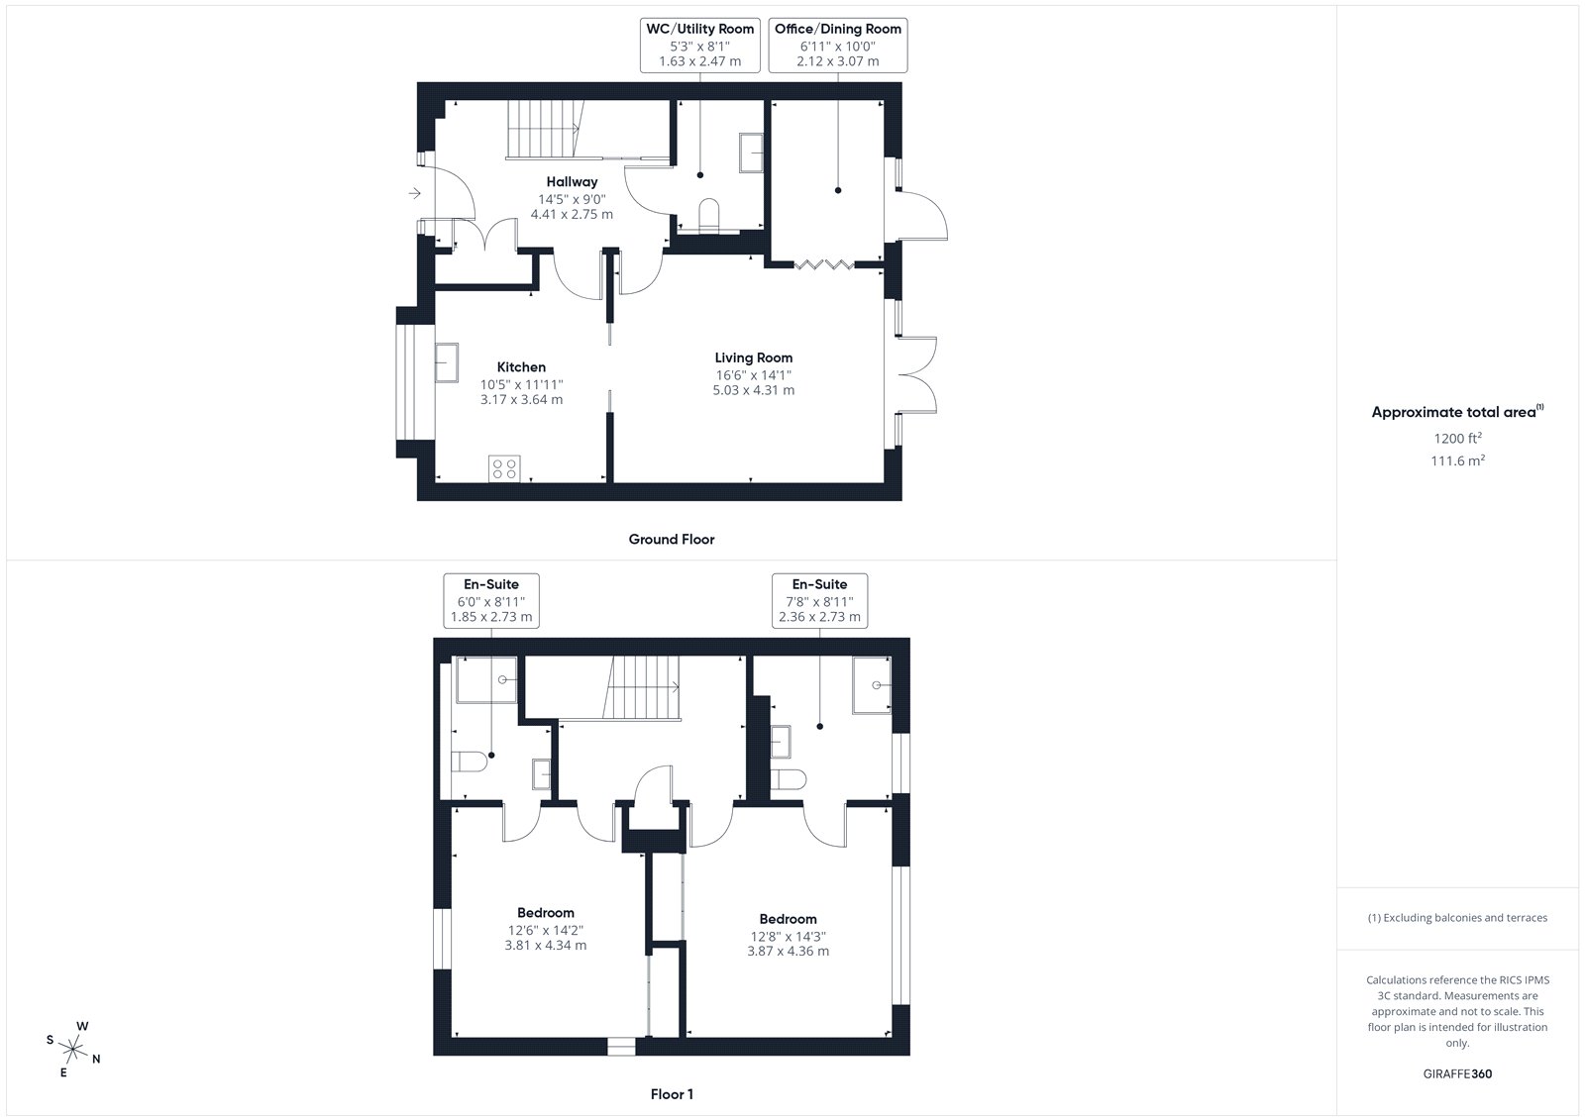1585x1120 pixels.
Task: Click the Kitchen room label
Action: [x=521, y=366]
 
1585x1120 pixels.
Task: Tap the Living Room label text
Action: [x=753, y=357]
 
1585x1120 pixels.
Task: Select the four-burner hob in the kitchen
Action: [x=504, y=468]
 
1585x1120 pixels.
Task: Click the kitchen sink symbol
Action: [x=447, y=362]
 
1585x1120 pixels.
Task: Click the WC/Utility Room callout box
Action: [x=699, y=46]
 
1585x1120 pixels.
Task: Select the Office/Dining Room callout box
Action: [x=838, y=46]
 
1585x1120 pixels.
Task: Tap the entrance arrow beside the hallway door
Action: [x=415, y=192]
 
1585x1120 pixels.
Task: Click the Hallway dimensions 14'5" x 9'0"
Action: [x=572, y=199]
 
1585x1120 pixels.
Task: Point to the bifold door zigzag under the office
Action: [x=824, y=265]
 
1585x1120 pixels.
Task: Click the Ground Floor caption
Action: [x=672, y=539]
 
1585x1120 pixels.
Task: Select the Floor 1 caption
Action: [x=672, y=1094]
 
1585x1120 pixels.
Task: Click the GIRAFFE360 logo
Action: [x=1457, y=1073]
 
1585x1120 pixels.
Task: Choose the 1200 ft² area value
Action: [x=1457, y=438]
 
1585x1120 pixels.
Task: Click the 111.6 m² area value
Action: [x=1457, y=460]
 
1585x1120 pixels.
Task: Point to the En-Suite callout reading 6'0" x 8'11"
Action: [x=491, y=601]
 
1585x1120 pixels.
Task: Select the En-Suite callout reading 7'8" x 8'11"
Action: [x=819, y=601]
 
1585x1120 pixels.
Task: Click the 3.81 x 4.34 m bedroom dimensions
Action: [x=546, y=945]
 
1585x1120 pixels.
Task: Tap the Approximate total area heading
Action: [x=1457, y=411]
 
